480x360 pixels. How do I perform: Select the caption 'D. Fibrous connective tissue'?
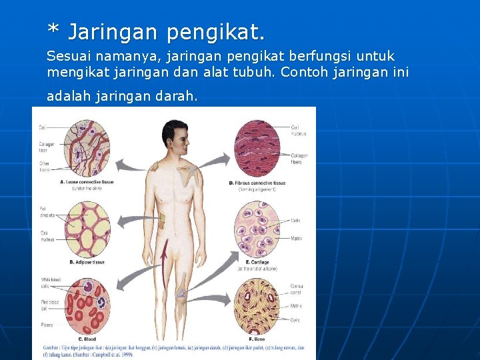[x=257, y=183]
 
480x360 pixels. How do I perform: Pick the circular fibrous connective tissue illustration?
[x=257, y=148]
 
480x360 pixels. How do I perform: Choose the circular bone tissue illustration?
[x=257, y=306]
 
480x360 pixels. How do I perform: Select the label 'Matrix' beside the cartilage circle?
[x=297, y=238]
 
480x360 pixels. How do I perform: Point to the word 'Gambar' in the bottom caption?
[x=51, y=347]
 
